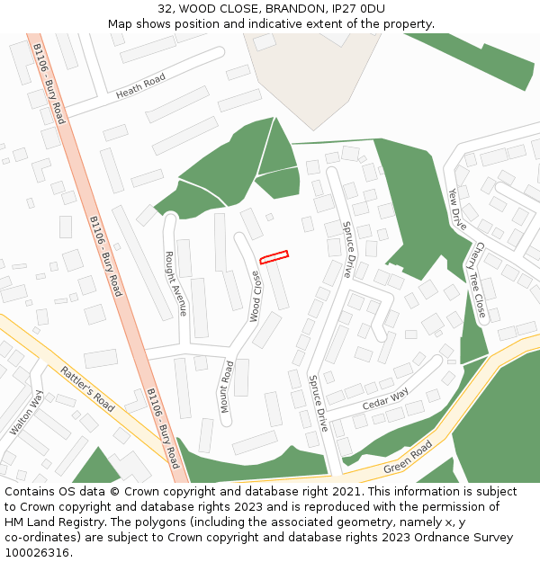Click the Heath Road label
(x=140, y=86)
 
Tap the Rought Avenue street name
(x=175, y=283)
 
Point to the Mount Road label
(x=227, y=388)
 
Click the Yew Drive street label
(x=458, y=209)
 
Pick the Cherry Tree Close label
(x=480, y=280)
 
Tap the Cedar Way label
(x=385, y=400)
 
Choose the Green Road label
(x=408, y=458)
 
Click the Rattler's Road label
(x=87, y=388)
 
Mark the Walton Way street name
(x=25, y=413)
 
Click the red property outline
(x=274, y=257)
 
